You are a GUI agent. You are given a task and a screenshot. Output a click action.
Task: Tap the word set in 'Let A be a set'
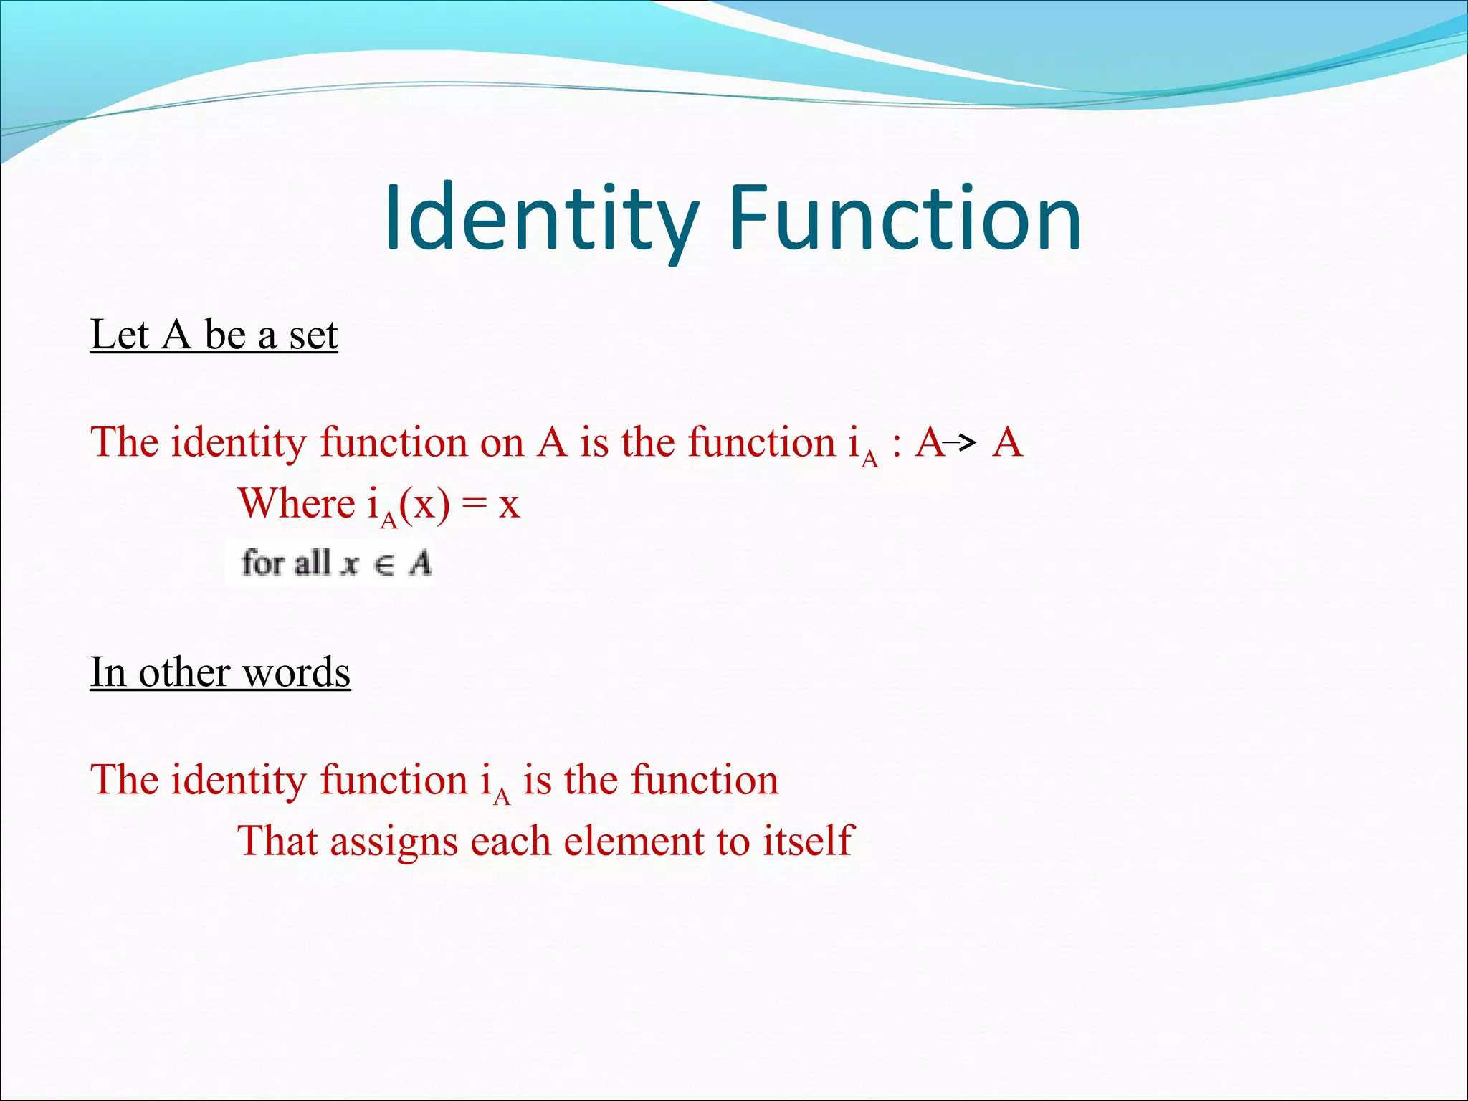point(313,335)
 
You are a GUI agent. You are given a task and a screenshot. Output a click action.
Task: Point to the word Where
point(296,503)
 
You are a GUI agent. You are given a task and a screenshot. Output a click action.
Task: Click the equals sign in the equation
point(474,505)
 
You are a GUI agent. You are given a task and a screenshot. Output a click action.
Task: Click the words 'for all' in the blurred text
point(285,563)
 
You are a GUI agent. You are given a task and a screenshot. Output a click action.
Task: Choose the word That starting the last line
point(277,841)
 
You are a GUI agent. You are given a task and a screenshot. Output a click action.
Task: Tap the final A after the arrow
point(1007,443)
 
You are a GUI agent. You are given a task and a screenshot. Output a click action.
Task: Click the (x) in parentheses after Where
point(424,505)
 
